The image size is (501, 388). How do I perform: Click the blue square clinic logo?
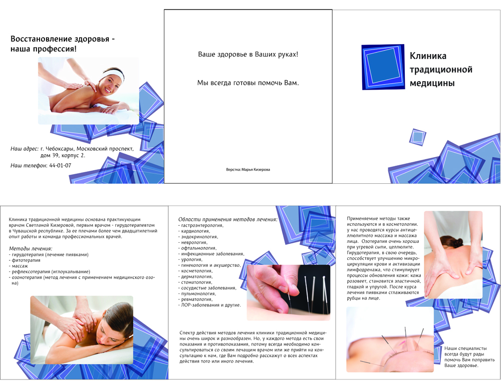(x=383, y=67)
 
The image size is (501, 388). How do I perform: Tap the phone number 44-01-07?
(x=60, y=165)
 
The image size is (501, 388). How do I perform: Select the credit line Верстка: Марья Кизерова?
(x=248, y=170)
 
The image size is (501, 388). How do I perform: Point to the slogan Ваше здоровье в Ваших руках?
(x=248, y=54)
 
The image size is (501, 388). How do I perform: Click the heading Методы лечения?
(x=31, y=248)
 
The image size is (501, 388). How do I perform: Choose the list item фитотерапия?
(x=25, y=260)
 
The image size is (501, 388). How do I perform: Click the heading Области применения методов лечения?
(x=228, y=219)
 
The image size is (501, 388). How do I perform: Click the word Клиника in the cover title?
(x=428, y=56)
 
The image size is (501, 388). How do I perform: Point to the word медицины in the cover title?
(x=432, y=83)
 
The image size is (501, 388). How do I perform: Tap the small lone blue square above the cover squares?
(x=418, y=137)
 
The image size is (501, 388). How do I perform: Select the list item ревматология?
(x=195, y=299)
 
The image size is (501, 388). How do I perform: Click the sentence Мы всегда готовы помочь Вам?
(x=248, y=83)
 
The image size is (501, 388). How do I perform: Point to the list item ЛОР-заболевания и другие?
(x=209, y=305)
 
